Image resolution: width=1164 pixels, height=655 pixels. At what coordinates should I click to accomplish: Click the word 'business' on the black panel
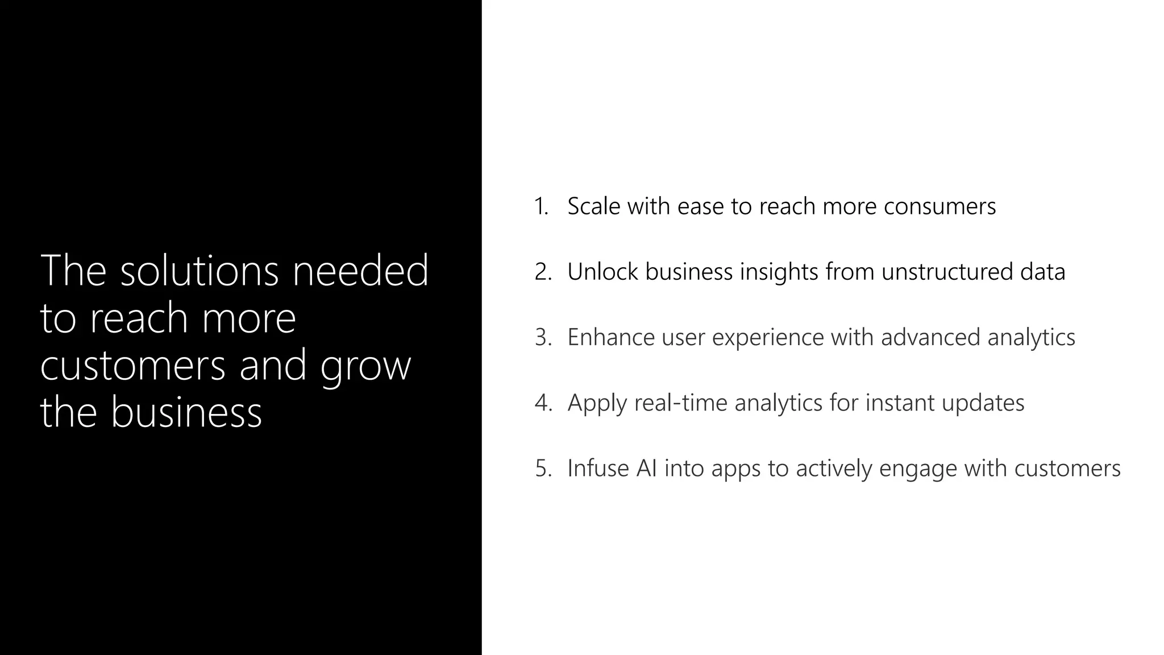click(x=186, y=412)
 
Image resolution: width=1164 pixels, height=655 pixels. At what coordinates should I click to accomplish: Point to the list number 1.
click(x=541, y=206)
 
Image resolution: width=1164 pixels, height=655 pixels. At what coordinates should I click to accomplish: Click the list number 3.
click(x=543, y=337)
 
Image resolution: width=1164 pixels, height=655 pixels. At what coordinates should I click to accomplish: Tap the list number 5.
click(x=543, y=469)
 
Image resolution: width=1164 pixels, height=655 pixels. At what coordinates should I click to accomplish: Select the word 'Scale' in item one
click(x=594, y=206)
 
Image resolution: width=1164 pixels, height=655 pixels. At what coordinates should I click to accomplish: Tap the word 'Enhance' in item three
click(x=611, y=337)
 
